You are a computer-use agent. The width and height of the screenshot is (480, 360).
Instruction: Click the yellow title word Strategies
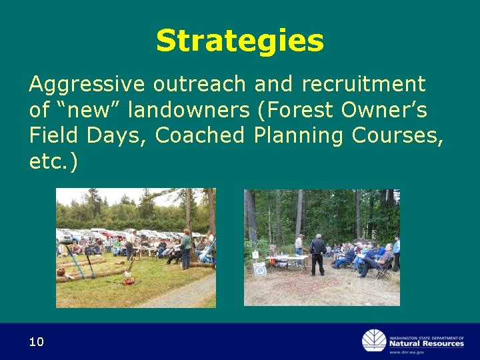click(239, 41)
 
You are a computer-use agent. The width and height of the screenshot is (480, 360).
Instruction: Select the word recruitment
click(363, 85)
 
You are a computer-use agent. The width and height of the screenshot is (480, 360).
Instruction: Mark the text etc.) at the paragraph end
click(53, 161)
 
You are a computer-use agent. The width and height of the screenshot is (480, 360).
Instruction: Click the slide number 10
click(36, 342)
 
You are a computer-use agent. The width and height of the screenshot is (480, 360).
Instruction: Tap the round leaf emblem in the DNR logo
click(373, 341)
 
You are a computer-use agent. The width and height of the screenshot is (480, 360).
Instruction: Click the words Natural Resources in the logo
click(427, 343)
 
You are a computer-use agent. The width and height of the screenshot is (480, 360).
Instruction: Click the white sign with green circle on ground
click(259, 269)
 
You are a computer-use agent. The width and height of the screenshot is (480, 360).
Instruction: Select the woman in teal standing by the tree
click(186, 247)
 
